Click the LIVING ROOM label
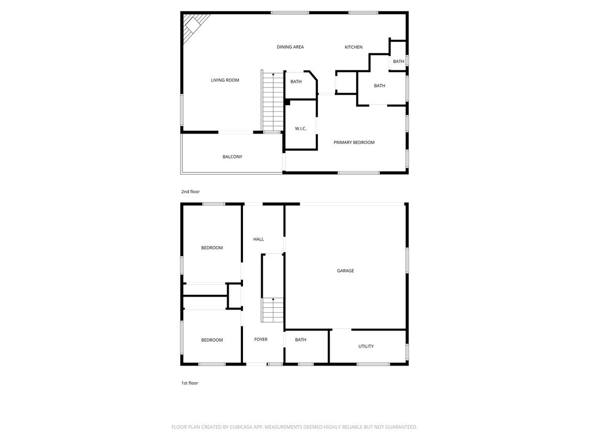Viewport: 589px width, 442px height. click(x=225, y=80)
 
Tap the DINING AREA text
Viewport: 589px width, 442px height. click(x=290, y=47)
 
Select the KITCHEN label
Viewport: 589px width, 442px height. click(x=353, y=47)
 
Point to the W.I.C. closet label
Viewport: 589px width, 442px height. click(x=301, y=129)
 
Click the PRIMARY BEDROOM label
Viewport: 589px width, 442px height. click(x=354, y=142)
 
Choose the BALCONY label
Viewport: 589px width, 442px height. click(x=232, y=157)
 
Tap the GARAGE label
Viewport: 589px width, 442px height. click(x=346, y=271)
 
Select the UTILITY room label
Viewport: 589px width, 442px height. click(x=366, y=346)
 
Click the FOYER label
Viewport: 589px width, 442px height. click(x=261, y=339)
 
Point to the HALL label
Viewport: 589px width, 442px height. click(x=259, y=239)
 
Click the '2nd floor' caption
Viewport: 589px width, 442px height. click(x=191, y=192)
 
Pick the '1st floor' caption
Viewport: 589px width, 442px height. click(x=190, y=383)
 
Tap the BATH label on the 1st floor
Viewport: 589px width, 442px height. click(x=301, y=340)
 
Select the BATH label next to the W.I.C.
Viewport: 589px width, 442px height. click(x=296, y=82)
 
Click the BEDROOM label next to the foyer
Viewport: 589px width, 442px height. click(x=212, y=340)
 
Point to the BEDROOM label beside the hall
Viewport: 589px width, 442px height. click(x=212, y=248)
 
